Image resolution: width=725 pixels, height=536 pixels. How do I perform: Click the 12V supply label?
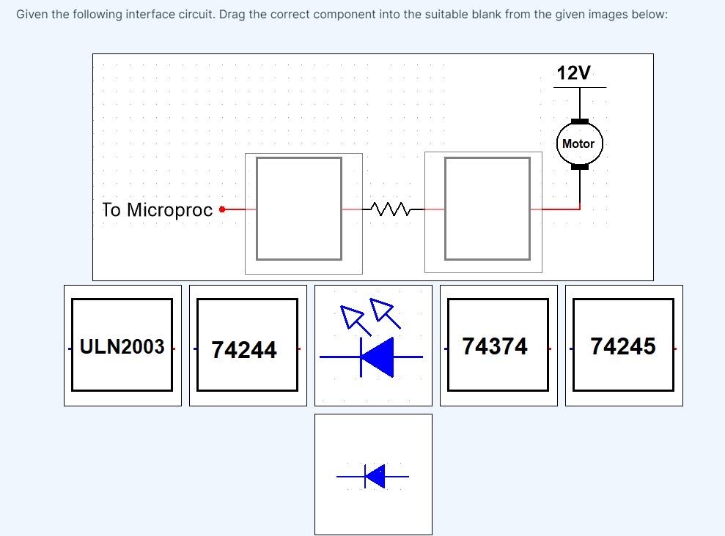[573, 73]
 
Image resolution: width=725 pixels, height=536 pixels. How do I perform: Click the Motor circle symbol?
[578, 144]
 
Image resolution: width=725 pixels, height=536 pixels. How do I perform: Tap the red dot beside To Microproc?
[223, 209]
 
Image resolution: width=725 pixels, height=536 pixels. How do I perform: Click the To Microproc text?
[158, 210]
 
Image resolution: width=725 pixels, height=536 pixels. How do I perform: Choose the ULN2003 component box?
[122, 346]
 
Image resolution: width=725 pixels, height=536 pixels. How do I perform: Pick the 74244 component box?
[247, 346]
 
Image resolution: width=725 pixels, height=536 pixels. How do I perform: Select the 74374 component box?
[498, 346]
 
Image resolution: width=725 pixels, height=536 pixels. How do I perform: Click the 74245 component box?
[624, 346]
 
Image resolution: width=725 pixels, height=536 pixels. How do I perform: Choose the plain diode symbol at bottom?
[374, 477]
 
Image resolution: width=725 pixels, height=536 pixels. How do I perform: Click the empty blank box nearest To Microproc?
[299, 209]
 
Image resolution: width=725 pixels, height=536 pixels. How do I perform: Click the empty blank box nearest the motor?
[487, 209]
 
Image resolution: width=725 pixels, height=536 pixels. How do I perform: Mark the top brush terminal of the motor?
[579, 121]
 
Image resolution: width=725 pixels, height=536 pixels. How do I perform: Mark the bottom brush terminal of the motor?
[579, 166]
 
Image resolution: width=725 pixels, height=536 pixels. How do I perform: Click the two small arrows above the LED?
[371, 313]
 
